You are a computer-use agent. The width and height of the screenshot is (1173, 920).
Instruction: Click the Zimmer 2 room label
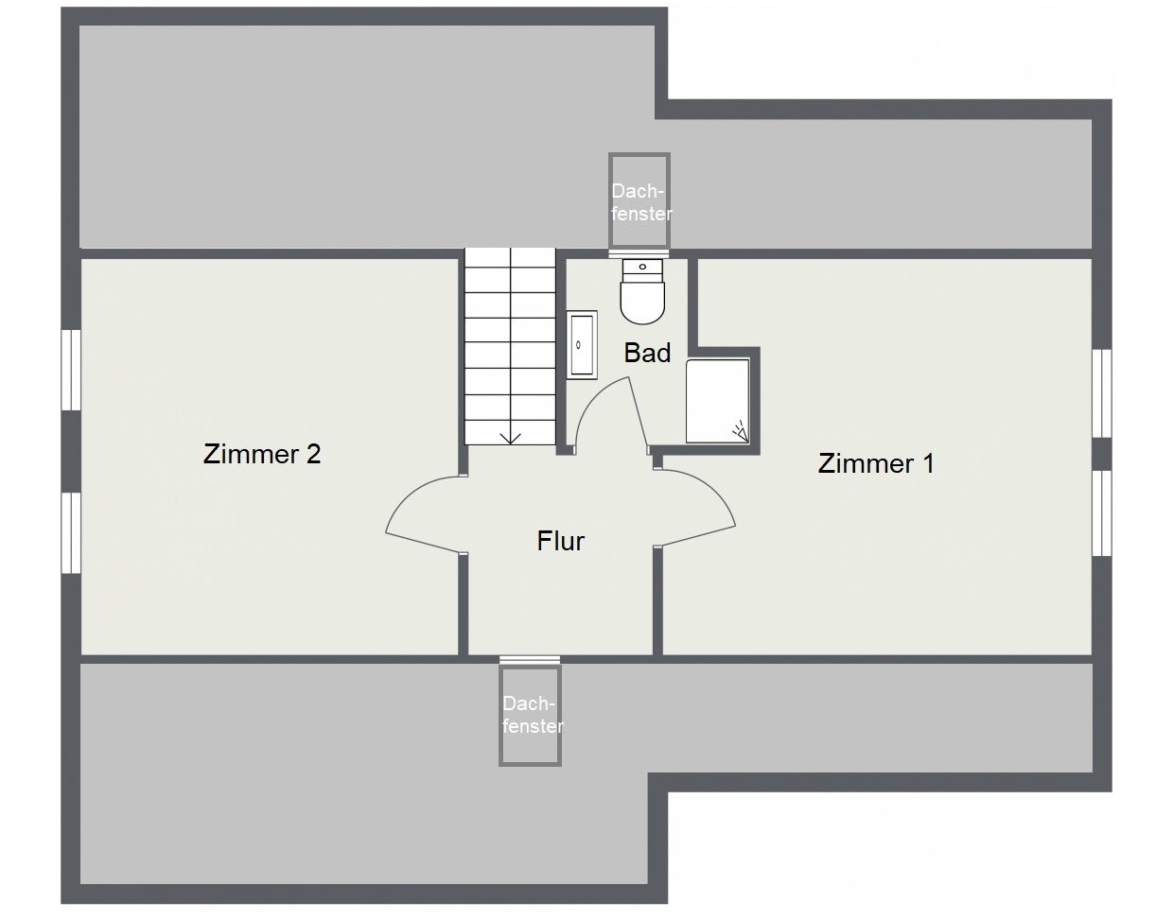tap(262, 454)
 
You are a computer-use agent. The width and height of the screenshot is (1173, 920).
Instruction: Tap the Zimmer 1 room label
tap(876, 463)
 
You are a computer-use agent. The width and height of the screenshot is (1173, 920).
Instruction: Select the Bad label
tap(647, 353)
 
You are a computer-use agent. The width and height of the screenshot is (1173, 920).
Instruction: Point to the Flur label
tap(560, 541)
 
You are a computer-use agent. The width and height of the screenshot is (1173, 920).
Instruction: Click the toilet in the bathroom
tap(642, 291)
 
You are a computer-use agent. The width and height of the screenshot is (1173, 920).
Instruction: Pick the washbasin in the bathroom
tap(582, 344)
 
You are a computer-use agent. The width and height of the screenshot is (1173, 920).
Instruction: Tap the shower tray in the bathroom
tap(717, 401)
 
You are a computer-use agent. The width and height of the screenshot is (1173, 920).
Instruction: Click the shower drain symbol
tap(740, 431)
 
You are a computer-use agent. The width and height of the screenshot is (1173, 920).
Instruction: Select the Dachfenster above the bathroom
tap(639, 200)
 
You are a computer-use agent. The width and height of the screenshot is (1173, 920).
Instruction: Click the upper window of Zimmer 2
tap(71, 370)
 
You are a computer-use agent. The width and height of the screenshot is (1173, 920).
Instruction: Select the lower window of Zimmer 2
tap(71, 532)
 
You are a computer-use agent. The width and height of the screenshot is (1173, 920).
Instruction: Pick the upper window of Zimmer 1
tap(1102, 393)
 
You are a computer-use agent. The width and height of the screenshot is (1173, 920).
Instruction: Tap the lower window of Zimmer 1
tap(1102, 513)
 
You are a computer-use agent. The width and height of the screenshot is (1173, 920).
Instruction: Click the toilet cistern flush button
tap(642, 267)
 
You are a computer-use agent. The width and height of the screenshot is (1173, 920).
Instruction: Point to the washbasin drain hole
tap(578, 345)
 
